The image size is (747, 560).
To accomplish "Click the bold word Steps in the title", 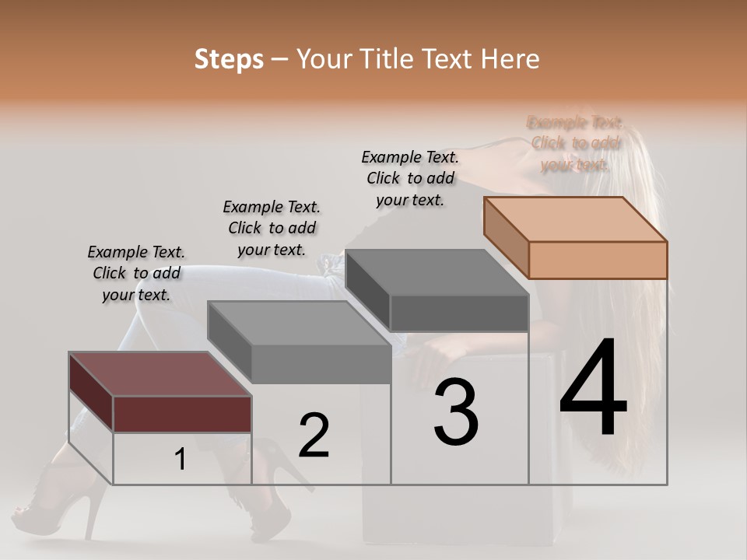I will click(x=229, y=59).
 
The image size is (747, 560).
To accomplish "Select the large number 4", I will click(x=593, y=389).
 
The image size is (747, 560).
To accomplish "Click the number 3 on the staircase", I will click(x=456, y=412).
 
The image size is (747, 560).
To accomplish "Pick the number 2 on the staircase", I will click(x=314, y=436).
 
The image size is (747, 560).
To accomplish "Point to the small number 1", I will click(x=180, y=460).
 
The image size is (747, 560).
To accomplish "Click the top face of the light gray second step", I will click(x=299, y=324).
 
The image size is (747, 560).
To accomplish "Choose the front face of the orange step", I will click(x=598, y=260).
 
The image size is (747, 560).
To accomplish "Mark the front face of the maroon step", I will click(x=182, y=414).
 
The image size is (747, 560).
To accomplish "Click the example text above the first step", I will click(x=136, y=274).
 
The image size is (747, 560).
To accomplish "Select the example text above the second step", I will click(x=272, y=229).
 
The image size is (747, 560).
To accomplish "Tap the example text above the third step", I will click(x=410, y=178).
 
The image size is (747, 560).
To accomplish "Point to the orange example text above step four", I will click(x=575, y=143).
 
